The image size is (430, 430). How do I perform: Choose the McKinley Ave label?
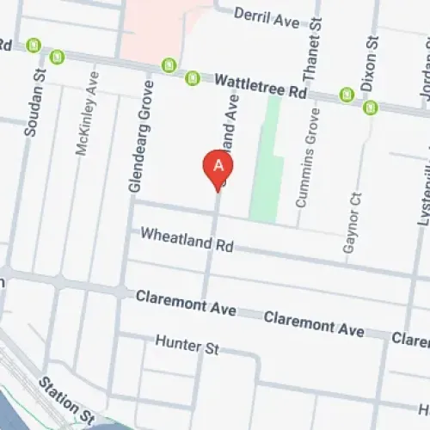point(83,125)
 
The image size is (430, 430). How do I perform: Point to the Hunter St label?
point(187,345)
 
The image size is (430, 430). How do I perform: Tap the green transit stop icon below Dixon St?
point(371,107)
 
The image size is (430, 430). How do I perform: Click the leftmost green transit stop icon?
point(34,46)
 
